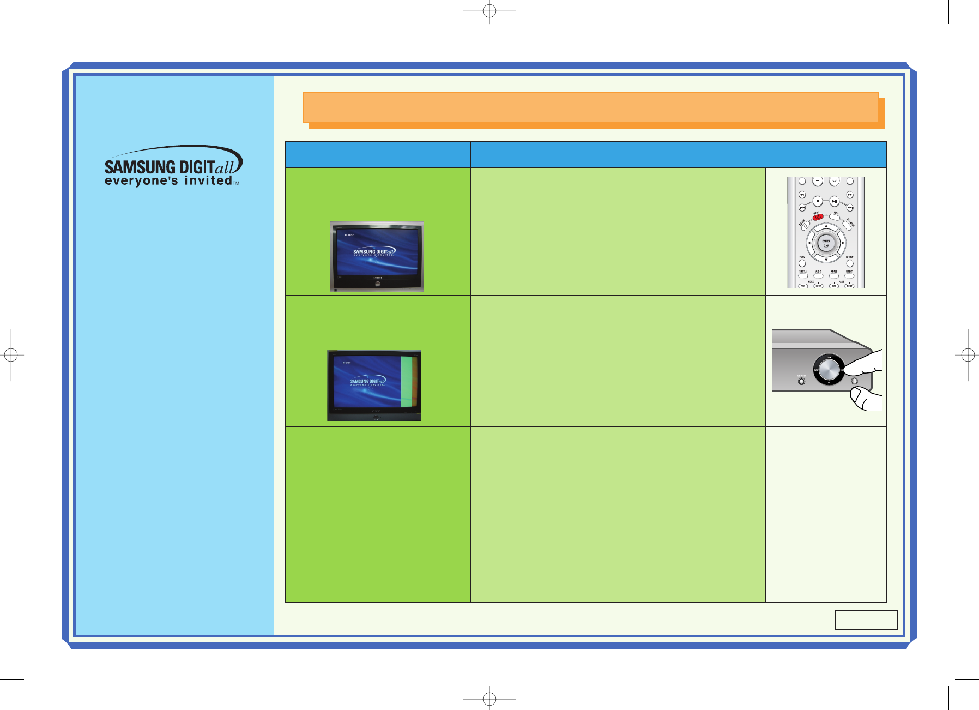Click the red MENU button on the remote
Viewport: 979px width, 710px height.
[818, 217]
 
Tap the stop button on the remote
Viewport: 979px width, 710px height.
[818, 201]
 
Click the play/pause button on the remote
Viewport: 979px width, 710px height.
[834, 201]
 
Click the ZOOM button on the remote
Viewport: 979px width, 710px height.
[802, 263]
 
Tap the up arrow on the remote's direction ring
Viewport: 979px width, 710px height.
[826, 225]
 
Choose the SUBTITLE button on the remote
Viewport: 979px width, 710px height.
[803, 276]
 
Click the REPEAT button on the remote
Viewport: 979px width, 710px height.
[849, 276]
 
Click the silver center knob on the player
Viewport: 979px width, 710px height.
[828, 369]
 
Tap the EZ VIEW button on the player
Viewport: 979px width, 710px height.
[801, 381]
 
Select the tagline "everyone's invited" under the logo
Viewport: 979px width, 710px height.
[168, 180]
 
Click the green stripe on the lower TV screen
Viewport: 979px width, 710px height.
[406, 382]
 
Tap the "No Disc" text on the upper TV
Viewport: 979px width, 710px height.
[349, 235]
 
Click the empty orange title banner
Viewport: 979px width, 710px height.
[590, 107]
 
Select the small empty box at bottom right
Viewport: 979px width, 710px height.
[866, 620]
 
